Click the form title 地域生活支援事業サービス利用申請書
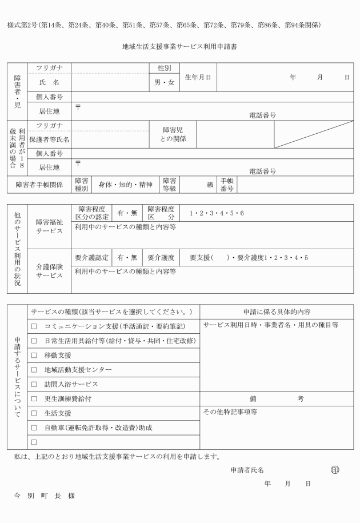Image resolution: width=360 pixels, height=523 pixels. click(180, 46)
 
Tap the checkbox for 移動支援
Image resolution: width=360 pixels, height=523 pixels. click(34, 356)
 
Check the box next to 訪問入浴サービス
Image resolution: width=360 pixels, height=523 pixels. click(34, 384)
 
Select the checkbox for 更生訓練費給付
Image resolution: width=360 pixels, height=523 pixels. click(34, 398)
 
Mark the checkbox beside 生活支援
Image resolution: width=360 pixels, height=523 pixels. click(34, 413)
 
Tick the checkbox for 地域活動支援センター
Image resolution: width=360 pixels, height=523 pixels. click(34, 370)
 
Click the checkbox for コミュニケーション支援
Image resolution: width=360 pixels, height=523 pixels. click(34, 326)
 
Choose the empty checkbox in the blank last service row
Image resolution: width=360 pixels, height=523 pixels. click(34, 442)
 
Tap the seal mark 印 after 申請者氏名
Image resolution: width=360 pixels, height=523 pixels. click(335, 470)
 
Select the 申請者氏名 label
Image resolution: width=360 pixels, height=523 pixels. click(247, 470)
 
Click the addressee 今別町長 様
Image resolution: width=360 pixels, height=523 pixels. click(45, 496)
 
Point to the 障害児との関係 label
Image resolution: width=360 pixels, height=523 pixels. click(172, 134)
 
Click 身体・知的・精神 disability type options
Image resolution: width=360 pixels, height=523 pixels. click(125, 185)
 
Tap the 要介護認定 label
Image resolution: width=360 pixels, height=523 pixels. click(91, 257)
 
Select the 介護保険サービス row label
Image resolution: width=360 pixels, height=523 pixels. click(50, 271)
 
